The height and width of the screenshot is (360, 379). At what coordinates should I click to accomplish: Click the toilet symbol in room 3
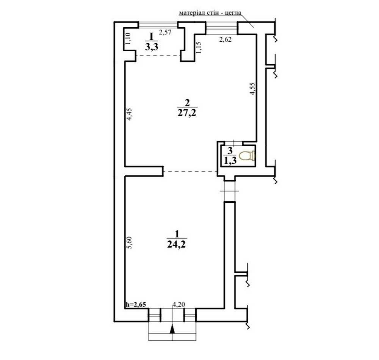247,156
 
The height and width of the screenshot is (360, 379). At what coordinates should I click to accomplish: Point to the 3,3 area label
152,46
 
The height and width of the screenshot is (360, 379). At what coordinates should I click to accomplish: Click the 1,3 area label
230,160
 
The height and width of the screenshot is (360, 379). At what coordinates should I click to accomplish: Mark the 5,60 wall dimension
130,243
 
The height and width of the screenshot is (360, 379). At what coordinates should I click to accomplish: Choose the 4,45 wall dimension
130,114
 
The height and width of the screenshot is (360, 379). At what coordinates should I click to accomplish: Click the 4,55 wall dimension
252,89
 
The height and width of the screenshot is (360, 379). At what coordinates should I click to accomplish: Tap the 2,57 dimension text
165,32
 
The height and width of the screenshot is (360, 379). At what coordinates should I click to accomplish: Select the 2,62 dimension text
225,39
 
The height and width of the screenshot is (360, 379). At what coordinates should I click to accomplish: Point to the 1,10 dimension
128,38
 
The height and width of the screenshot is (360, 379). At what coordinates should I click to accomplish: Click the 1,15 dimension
198,48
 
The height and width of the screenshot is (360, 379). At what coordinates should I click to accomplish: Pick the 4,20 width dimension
179,305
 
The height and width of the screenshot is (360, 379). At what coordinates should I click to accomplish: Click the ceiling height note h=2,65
136,304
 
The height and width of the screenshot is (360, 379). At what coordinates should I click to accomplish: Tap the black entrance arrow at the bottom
172,329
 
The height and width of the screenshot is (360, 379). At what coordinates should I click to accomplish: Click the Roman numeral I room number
152,36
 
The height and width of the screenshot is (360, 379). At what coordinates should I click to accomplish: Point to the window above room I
158,25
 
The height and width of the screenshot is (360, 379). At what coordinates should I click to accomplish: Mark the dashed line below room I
158,56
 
